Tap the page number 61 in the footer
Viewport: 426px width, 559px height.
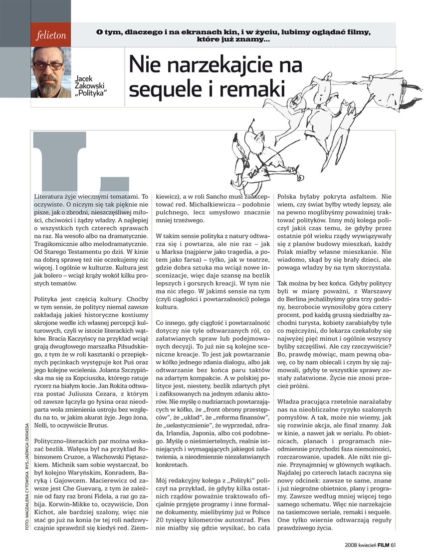(x=394, y=545)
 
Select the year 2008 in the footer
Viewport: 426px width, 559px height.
(x=353, y=545)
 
